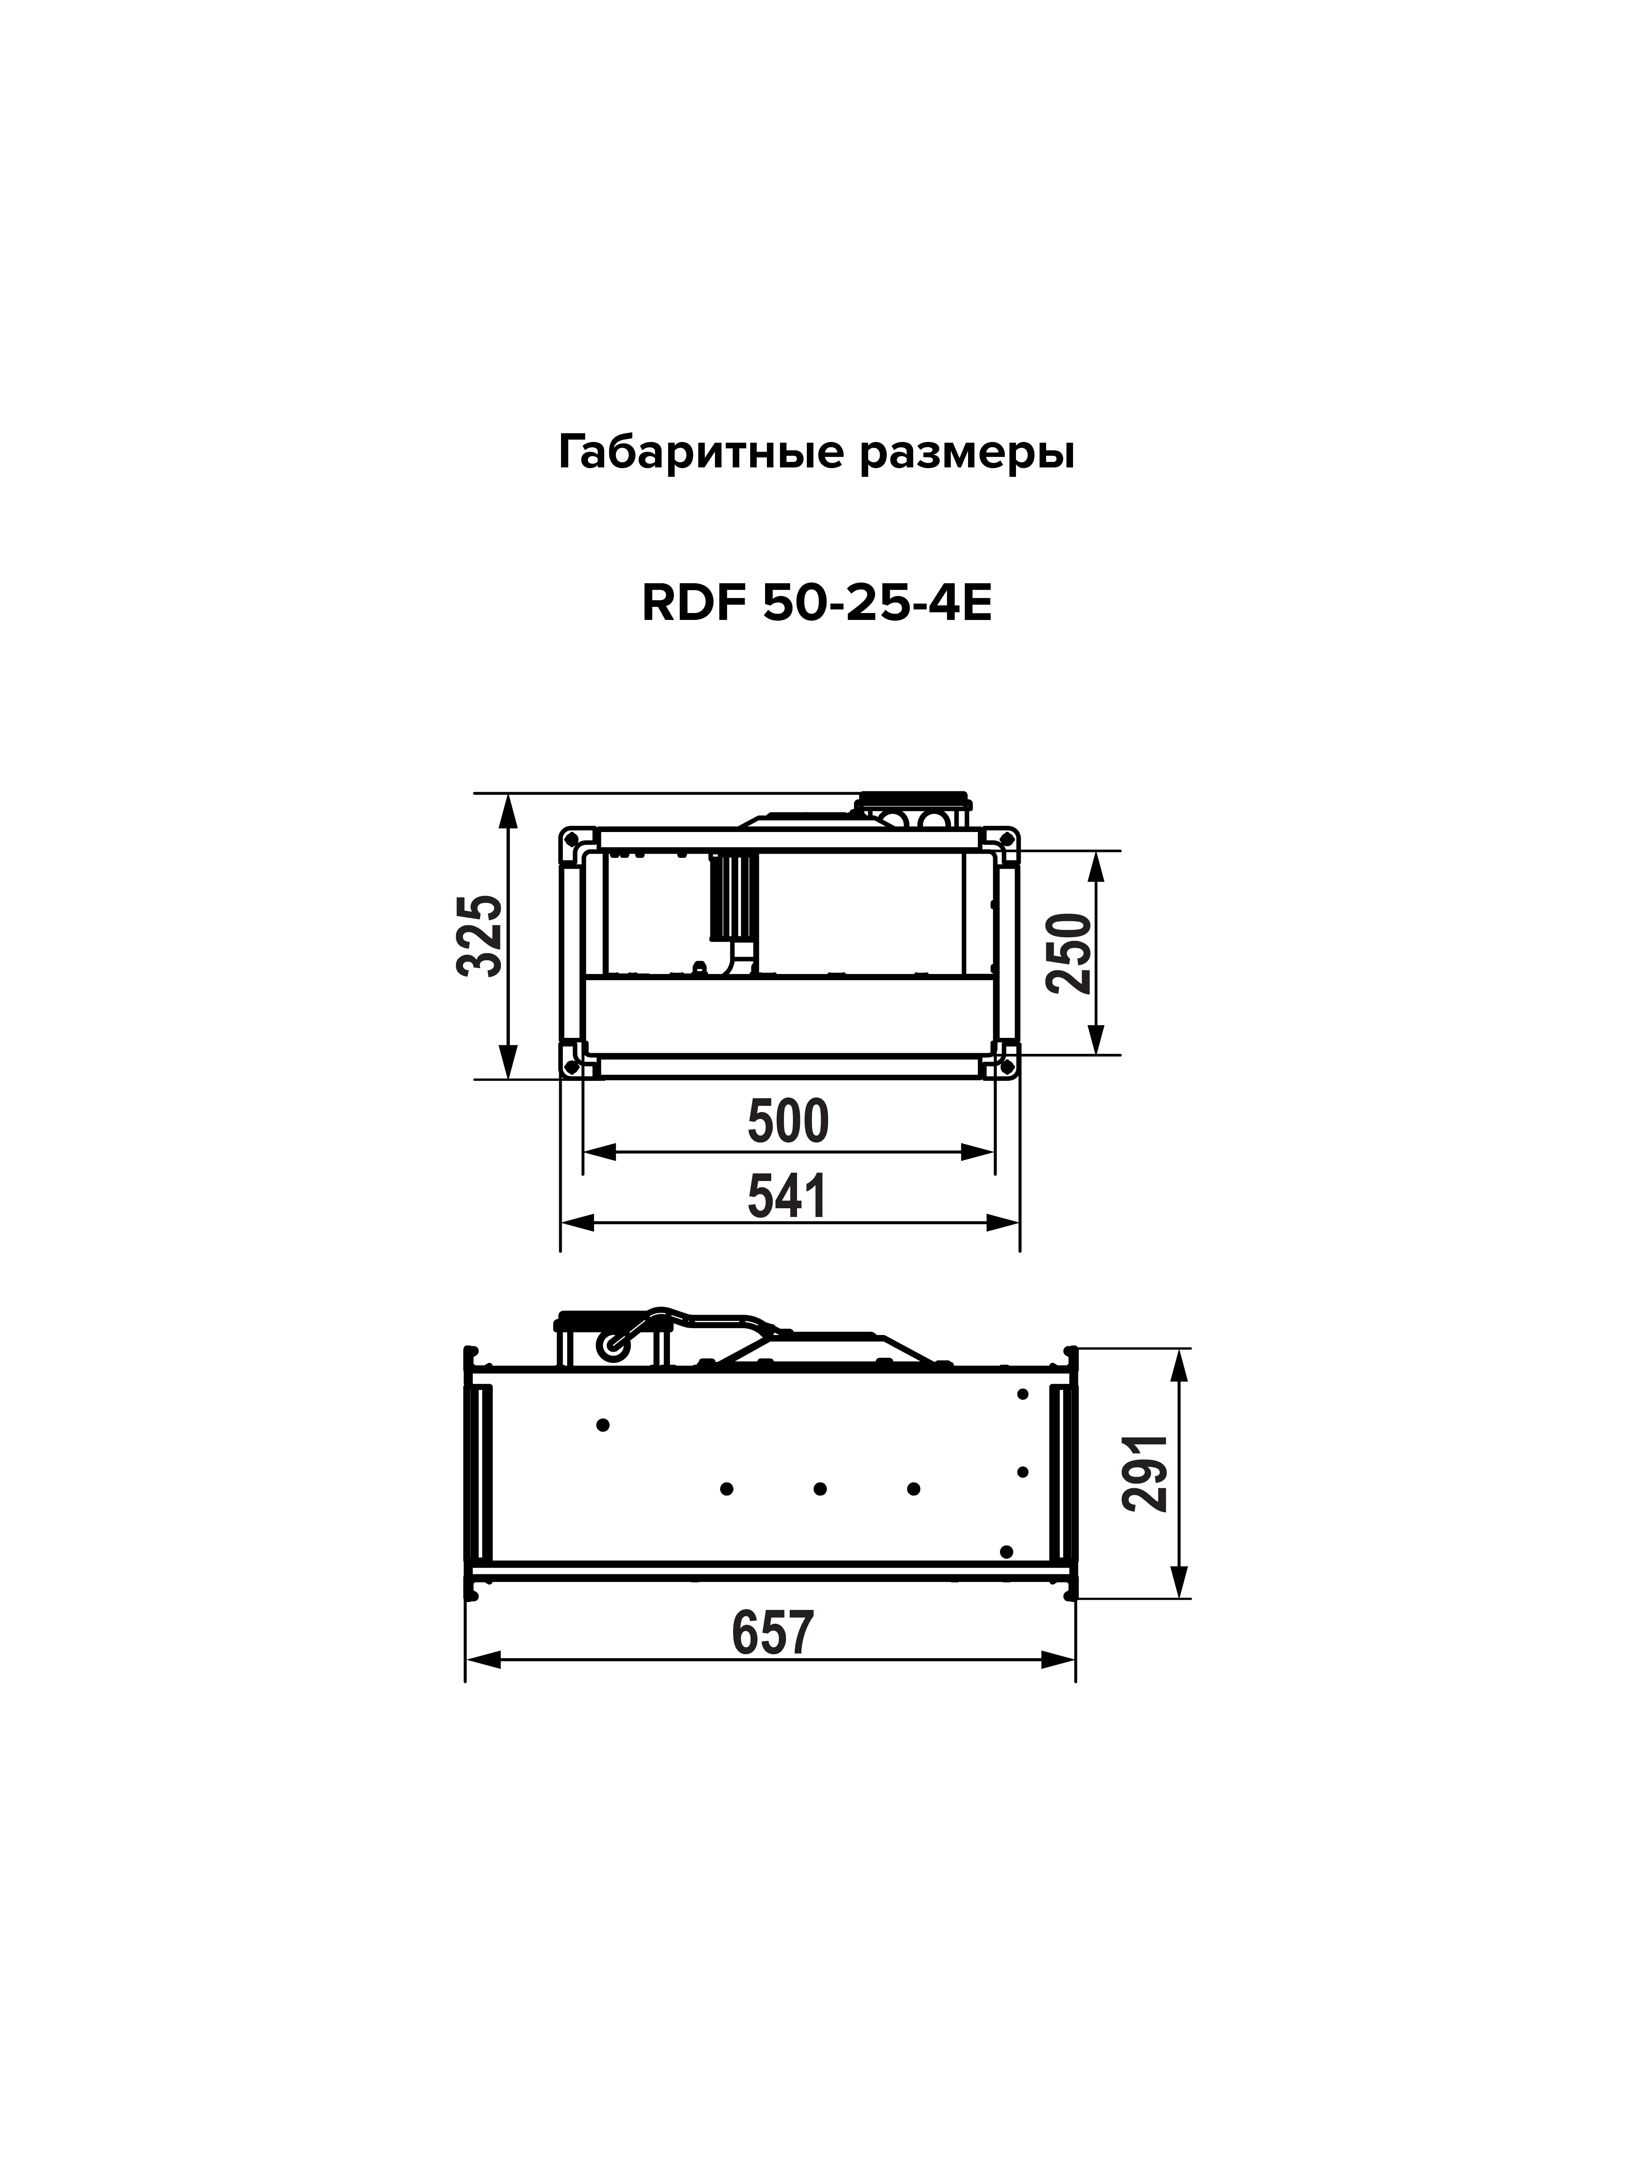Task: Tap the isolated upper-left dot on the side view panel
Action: click(603, 1424)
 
